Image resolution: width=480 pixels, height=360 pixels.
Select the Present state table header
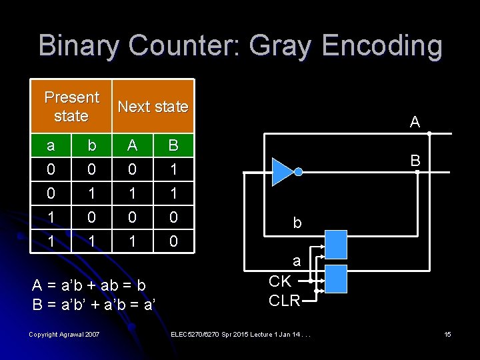click(71, 107)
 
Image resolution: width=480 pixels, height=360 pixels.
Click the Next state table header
click(153, 107)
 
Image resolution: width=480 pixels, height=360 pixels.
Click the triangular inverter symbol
click(283, 172)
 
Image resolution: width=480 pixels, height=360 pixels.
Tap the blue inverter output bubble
click(299, 172)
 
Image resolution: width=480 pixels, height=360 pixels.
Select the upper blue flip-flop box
click(335, 244)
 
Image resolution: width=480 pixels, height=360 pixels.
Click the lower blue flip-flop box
click(335, 278)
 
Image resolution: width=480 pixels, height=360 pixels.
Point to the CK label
click(280, 281)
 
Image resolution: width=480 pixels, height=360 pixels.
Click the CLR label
click(284, 300)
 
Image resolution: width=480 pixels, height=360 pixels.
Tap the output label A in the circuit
click(415, 122)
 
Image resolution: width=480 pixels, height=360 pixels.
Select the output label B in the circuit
click(415, 160)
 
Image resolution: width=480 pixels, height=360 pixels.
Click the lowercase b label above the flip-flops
click(297, 223)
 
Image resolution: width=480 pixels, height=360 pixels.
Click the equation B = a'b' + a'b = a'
click(94, 305)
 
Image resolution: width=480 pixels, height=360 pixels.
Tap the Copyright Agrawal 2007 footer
click(65, 333)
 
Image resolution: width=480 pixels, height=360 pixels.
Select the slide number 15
click(447, 333)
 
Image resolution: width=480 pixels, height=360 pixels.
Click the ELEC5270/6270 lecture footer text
click(240, 333)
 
